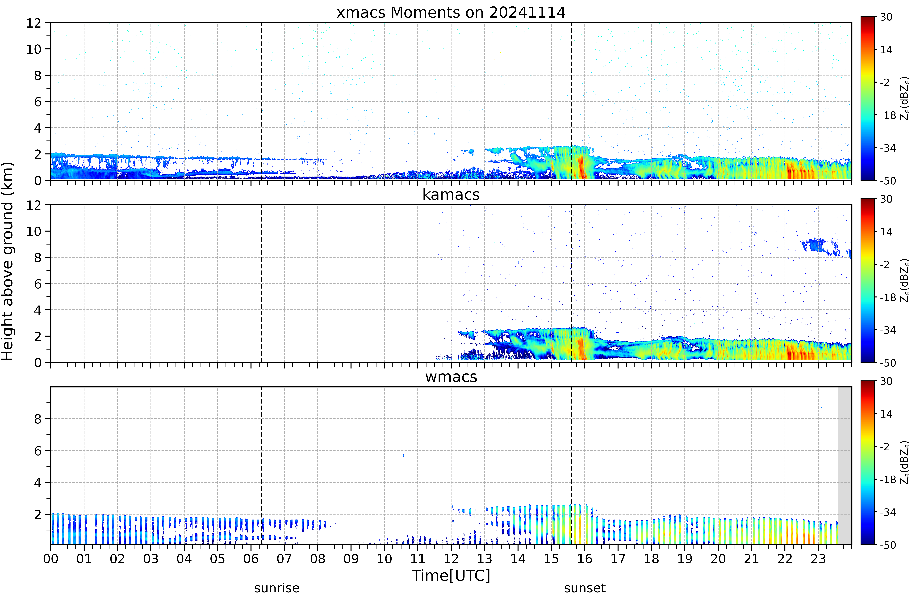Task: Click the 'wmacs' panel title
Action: [x=451, y=377]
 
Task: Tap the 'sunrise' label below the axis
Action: [x=277, y=588]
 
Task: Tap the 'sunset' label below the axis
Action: [x=585, y=588]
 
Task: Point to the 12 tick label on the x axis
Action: [x=451, y=559]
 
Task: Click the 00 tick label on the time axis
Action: [x=51, y=559]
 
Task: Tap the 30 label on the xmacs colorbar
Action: [x=886, y=17]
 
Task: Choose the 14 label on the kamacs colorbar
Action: [x=886, y=232]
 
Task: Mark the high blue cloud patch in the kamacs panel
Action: [x=824, y=246]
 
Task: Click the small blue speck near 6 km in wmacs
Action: [x=403, y=455]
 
